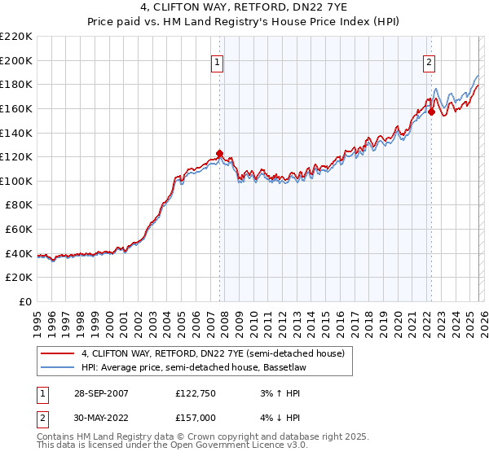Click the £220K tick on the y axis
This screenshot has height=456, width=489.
pos(17,37)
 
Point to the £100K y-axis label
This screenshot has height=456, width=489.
pos(17,181)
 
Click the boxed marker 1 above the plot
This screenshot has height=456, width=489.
pos(218,60)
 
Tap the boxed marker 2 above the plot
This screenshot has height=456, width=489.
pos(430,60)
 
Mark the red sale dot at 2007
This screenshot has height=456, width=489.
pos(219,153)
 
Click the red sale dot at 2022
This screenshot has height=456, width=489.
pos(431,112)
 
